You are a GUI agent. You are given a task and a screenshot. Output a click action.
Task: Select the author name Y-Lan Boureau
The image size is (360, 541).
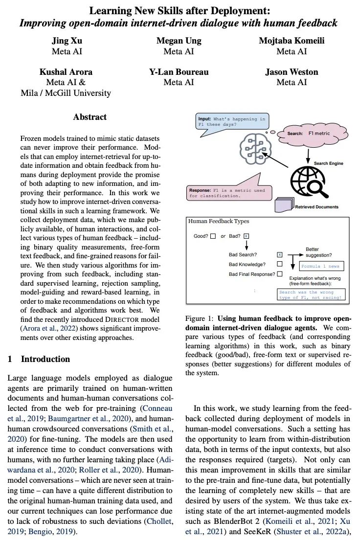click(179, 72)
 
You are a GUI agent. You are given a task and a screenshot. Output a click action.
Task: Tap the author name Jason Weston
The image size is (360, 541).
click(292, 72)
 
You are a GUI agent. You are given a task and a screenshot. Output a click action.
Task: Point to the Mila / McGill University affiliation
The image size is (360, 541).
click(66, 92)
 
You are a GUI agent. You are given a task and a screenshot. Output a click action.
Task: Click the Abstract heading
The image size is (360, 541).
click(90, 117)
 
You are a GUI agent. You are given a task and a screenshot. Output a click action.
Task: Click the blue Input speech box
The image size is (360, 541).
click(231, 121)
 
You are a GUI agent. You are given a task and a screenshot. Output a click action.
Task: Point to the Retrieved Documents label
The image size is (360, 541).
click(316, 207)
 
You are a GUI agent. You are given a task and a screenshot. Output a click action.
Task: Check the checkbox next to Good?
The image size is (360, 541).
click(213, 236)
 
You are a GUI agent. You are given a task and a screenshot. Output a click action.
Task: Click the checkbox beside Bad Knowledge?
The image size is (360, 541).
click(280, 264)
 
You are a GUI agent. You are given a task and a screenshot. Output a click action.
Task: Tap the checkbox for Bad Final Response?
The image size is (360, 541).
click(280, 274)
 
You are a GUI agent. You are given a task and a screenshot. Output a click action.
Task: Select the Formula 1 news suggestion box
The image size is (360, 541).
click(322, 267)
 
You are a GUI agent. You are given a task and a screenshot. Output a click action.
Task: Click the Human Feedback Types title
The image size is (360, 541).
click(219, 222)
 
